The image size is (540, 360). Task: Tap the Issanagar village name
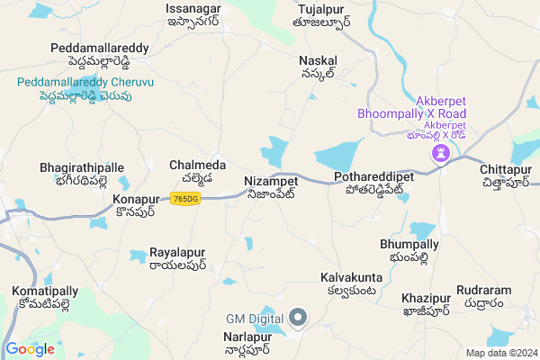coord(193,15)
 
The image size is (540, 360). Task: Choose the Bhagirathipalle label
coord(82,174)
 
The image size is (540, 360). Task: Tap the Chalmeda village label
coord(192,171)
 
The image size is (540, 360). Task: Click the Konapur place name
coord(136,204)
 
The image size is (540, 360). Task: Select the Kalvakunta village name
coord(352,283)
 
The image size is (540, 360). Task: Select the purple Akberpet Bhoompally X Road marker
coord(441,154)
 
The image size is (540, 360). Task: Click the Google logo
coord(30,349)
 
